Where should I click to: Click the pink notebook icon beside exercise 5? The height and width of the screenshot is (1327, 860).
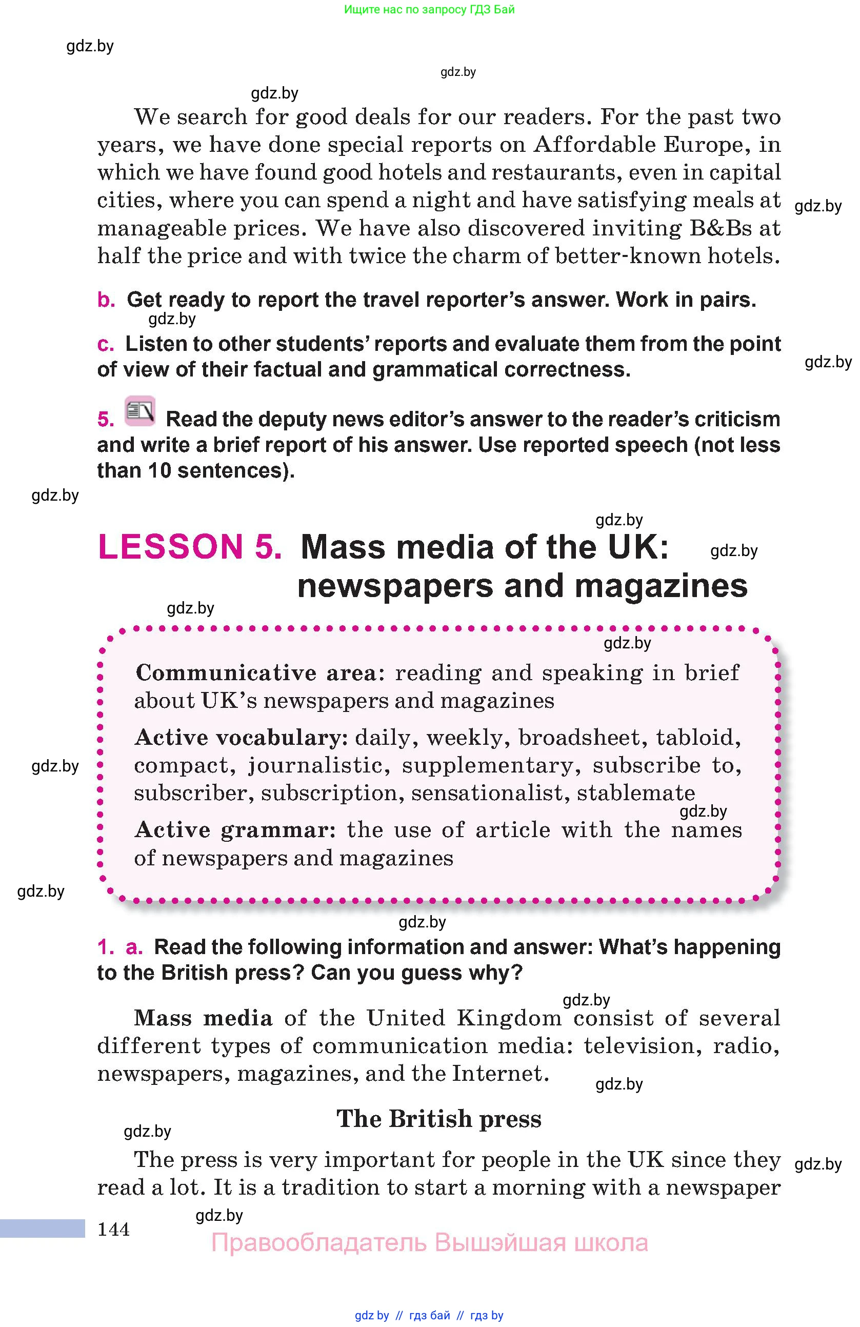(140, 411)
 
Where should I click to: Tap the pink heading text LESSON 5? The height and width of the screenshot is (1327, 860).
(190, 546)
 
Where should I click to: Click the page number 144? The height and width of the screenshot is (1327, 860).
(114, 1229)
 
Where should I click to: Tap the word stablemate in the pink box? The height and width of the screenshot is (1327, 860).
(635, 793)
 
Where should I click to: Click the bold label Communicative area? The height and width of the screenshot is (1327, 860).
(256, 672)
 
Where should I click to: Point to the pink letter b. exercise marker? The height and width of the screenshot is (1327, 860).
(106, 300)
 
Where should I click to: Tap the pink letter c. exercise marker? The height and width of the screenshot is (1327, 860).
(105, 344)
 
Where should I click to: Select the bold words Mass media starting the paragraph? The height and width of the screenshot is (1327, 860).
(203, 1018)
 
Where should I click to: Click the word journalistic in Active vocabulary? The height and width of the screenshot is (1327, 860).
(318, 765)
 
